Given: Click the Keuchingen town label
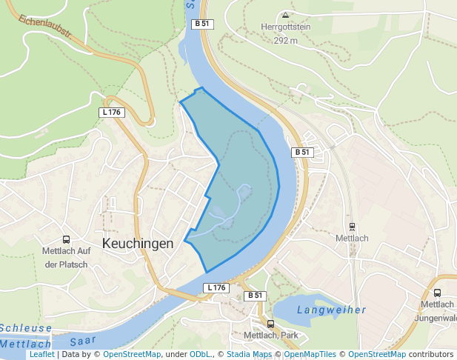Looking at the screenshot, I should [x=138, y=243].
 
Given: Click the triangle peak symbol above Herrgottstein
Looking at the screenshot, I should [x=285, y=14].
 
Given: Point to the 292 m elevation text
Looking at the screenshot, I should [x=285, y=40].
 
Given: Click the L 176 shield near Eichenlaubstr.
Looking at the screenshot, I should [x=112, y=112].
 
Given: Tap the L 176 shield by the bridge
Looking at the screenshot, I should [x=216, y=287].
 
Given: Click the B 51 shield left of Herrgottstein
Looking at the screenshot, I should [x=202, y=24].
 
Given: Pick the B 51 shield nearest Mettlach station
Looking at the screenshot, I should [x=302, y=152].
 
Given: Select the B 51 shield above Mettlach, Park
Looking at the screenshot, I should [x=255, y=296].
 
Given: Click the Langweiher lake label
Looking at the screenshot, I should [x=332, y=310].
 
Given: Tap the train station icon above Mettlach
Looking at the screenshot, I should [x=352, y=227].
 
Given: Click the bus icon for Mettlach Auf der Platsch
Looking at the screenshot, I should [x=66, y=239].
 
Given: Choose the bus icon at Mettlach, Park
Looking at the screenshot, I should [x=270, y=324].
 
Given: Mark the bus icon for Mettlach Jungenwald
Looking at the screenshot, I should [x=437, y=293].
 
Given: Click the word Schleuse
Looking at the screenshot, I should [x=26, y=328].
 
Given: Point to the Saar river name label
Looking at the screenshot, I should [x=84, y=341].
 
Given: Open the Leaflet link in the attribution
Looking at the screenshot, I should [x=41, y=355].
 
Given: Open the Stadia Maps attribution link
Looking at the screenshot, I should [x=250, y=355].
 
